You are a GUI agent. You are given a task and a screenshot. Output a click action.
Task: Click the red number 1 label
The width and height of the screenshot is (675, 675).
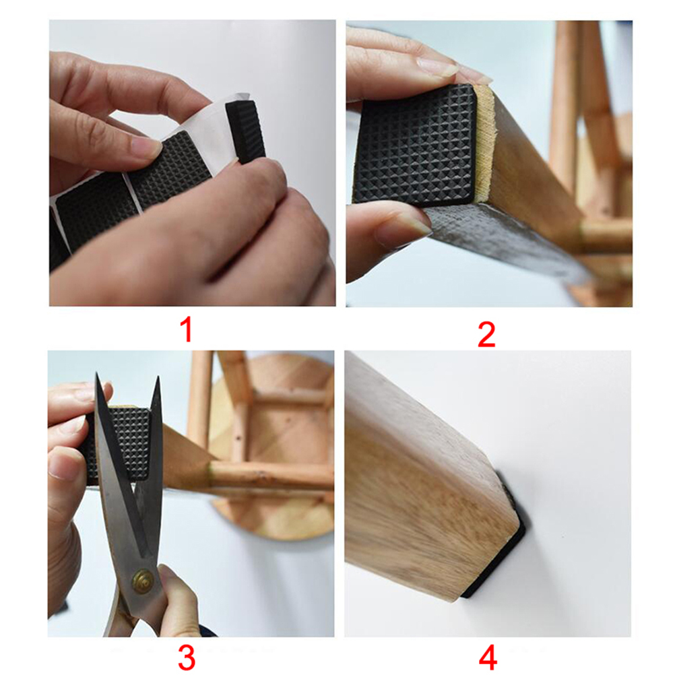tap(186, 330)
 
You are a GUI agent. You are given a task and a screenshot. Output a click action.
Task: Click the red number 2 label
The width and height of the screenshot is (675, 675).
tap(486, 335)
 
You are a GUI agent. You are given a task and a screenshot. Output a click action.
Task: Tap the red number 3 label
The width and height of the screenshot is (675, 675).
tap(187, 657)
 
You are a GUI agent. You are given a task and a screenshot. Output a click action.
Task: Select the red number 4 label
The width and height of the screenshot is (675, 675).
tap(488, 657)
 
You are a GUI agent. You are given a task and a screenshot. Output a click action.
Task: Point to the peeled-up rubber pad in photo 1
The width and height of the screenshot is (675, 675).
tap(245, 131)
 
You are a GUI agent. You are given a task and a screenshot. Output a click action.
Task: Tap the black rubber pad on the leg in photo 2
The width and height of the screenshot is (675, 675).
tap(416, 144)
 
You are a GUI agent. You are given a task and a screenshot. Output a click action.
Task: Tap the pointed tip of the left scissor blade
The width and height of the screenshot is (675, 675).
tap(97, 374)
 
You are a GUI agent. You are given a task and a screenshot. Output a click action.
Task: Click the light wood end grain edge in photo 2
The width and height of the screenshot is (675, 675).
tap(484, 142)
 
